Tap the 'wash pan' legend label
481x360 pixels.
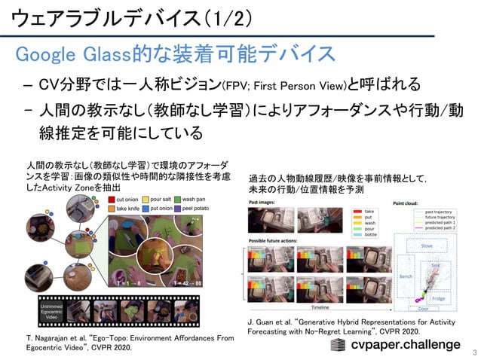coord(201,200)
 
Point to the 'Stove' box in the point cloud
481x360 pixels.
coord(426,246)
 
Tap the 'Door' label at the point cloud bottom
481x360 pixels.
coord(422,308)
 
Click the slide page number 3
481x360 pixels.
coord(473,351)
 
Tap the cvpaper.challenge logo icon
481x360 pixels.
coord(340,344)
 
